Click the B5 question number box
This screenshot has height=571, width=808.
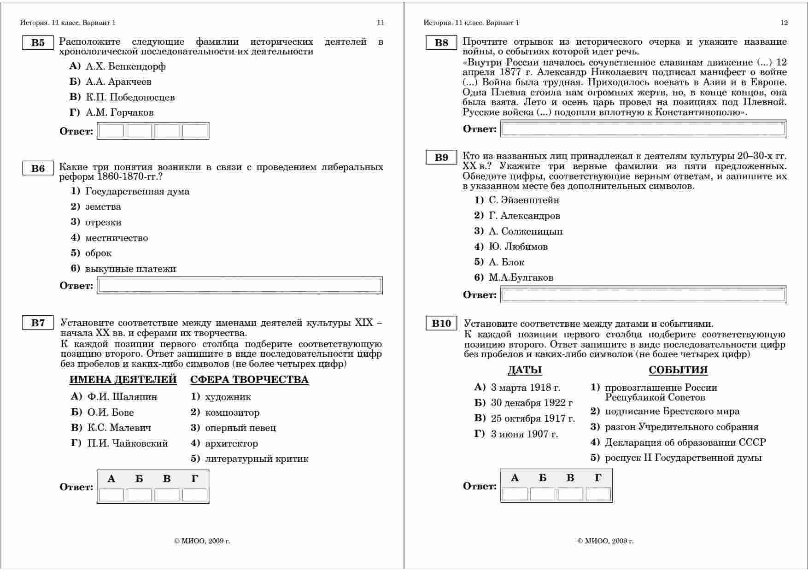[x=38, y=43]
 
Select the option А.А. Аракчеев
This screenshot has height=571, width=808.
[x=118, y=82]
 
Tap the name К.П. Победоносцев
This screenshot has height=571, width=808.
[x=130, y=97]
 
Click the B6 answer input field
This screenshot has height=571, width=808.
[x=240, y=286]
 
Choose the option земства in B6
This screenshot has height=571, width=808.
[x=103, y=207]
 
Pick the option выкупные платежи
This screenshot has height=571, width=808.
[x=130, y=269]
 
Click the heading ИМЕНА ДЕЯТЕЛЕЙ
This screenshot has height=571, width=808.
[x=123, y=380]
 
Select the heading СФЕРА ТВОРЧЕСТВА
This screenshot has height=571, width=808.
[x=249, y=380]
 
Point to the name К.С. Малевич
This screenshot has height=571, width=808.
[x=119, y=428]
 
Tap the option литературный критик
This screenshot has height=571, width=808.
[x=256, y=459]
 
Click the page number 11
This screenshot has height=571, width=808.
[x=380, y=23]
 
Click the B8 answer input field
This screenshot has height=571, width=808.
[x=643, y=129]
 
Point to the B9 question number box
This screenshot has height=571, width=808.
[x=441, y=158]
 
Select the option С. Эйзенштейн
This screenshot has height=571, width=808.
[x=524, y=200]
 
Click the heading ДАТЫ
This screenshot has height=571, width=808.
[x=525, y=370]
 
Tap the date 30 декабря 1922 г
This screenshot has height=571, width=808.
[x=532, y=403]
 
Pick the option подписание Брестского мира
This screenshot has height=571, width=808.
[x=672, y=412]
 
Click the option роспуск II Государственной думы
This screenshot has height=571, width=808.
[x=683, y=458]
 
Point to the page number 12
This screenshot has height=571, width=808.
[x=784, y=23]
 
